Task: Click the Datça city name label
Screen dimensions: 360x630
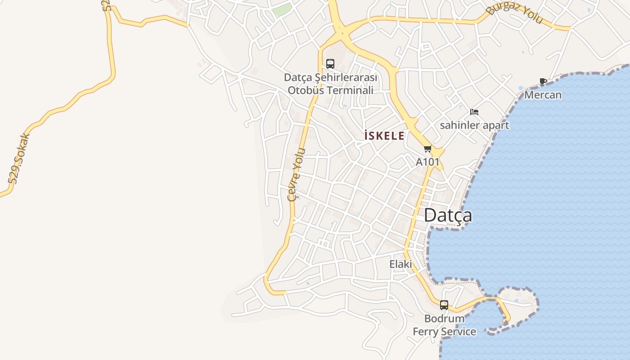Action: coord(448,216)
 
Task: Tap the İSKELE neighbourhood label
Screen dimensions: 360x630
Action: coord(384,135)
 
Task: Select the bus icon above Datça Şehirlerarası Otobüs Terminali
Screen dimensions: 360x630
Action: coord(330,64)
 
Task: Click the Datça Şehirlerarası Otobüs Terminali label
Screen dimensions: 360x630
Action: coord(331,84)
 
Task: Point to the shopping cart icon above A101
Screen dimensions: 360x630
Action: coord(427,149)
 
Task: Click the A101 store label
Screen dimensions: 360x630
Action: coord(427,162)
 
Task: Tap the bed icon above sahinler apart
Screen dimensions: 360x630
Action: coord(474,112)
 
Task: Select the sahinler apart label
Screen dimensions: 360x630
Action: coord(474,125)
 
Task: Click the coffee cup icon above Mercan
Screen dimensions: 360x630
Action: coord(543,82)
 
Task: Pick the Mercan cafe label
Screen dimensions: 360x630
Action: coord(543,95)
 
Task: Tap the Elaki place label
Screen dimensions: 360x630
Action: coord(400,264)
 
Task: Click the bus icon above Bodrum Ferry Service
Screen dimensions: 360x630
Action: coord(444,305)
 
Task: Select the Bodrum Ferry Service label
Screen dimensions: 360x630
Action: coord(445,325)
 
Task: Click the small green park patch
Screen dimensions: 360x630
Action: coord(282,10)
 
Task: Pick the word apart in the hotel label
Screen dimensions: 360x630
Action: coord(496,125)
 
